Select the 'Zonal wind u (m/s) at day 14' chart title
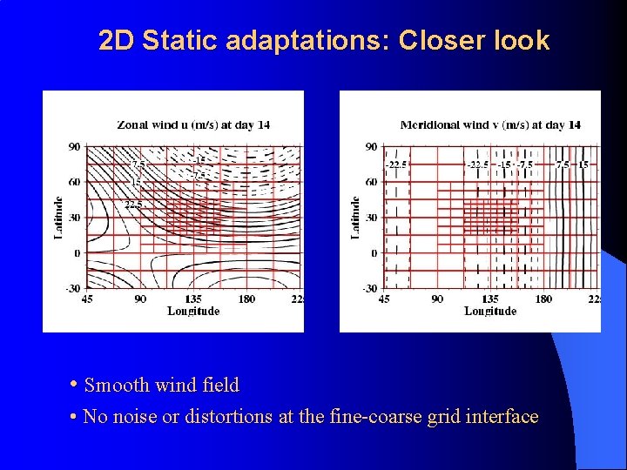(193, 124)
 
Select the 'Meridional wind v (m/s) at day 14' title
(490, 124)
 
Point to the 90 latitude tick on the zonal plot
(75, 146)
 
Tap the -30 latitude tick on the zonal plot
(73, 288)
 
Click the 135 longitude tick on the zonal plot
(193, 299)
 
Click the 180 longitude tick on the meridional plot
(543, 299)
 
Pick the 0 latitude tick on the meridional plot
(373, 253)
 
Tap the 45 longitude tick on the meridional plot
(384, 299)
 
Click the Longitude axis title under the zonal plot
(193, 311)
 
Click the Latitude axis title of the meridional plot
(355, 218)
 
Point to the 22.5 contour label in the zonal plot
(133, 205)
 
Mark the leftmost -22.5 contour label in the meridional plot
(396, 164)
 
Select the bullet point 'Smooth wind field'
(161, 385)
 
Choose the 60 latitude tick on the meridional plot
(371, 182)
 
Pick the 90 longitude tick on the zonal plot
(140, 299)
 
